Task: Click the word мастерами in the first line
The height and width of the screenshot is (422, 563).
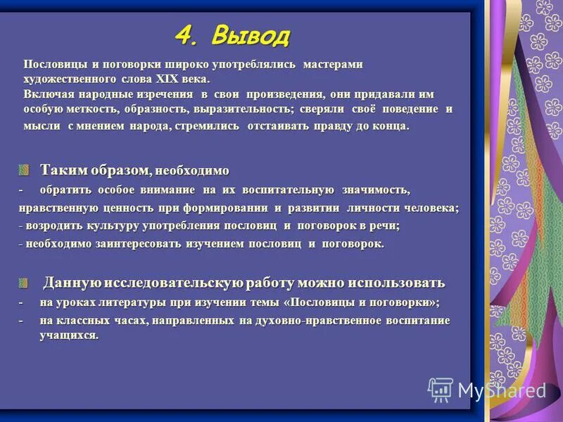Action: point(333,64)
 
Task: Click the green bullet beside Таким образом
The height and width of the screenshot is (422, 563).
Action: point(25,171)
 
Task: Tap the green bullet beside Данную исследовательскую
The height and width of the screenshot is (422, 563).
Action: point(25,283)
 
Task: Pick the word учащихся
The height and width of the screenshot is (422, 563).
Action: point(68,335)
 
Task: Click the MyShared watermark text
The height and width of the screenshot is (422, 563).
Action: point(501,390)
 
